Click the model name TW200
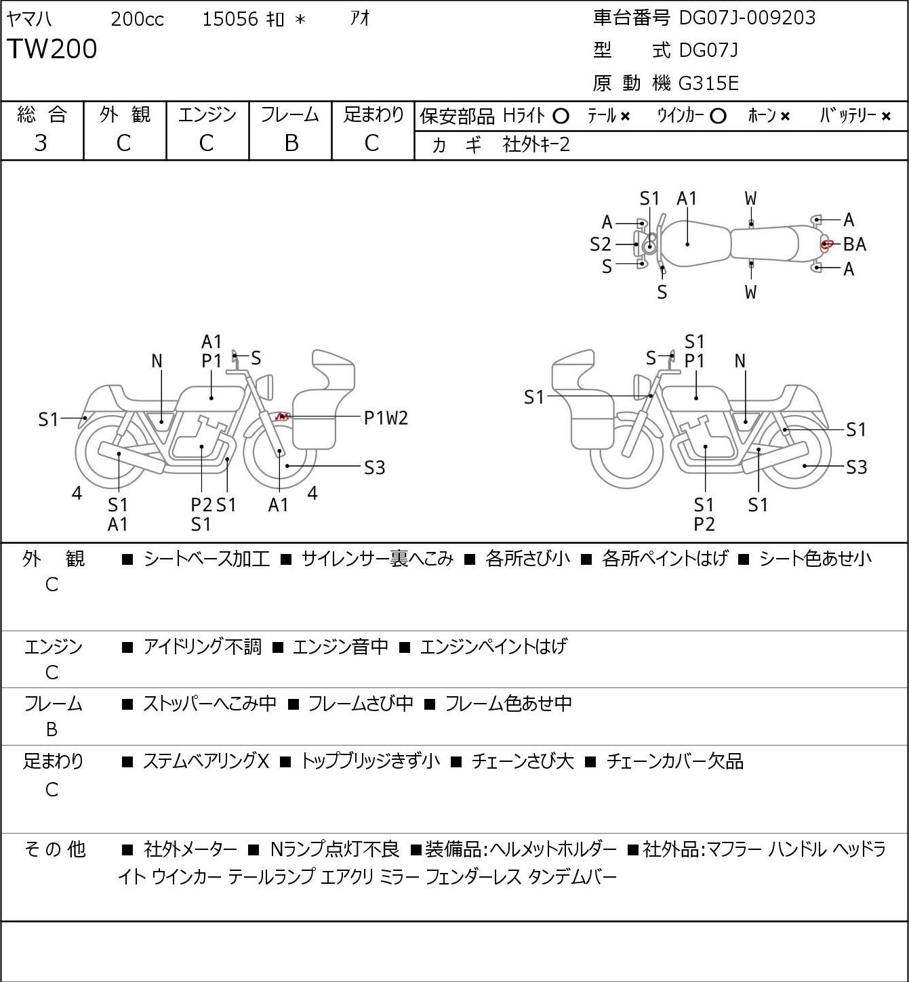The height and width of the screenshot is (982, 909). coord(52,49)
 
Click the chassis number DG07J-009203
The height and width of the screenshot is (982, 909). coord(747,18)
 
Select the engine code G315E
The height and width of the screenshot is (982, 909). coord(708,83)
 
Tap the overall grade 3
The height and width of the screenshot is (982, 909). coord(41,144)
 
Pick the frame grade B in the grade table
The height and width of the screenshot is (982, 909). coord(291,144)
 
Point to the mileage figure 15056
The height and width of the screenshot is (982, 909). coord(230,19)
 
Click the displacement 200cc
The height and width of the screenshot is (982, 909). coord(138,19)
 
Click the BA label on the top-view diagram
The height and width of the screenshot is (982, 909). coord(855,244)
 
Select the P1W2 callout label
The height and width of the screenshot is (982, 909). coord(386,419)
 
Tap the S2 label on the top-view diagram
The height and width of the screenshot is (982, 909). coord(601,244)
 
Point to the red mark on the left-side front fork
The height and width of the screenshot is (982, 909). coord(282,417)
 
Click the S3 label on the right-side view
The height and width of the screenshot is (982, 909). coord(857,467)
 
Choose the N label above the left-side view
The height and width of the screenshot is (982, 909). coord(157,362)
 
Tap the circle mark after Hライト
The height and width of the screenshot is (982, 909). coord(561,116)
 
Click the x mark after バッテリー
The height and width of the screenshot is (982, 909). coord(886,116)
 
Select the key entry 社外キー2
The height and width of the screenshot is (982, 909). coord(536,145)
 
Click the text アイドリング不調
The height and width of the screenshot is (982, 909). coord(202,646)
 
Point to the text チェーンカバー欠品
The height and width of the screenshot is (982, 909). coord(675,762)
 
